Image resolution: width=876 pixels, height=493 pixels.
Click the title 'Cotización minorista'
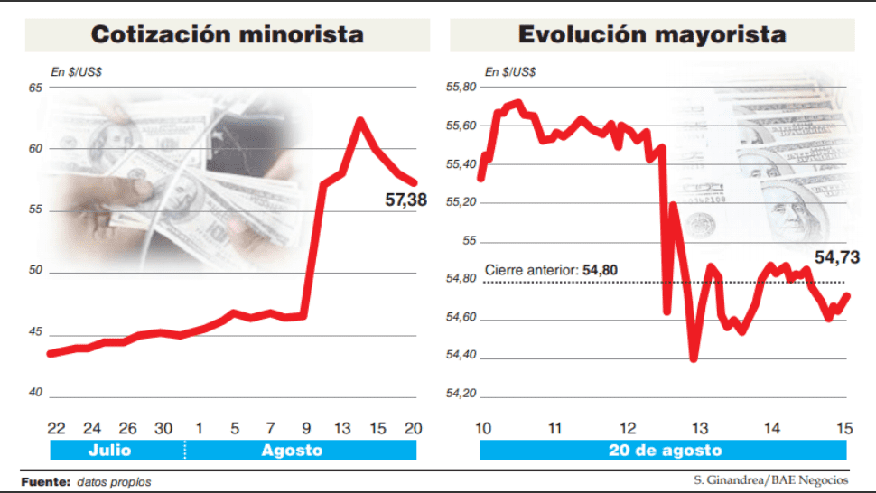point(227,34)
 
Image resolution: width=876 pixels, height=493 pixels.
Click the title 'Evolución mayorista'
point(651,34)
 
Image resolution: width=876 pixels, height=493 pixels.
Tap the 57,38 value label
point(405,200)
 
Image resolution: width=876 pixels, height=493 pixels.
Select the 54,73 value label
point(837,258)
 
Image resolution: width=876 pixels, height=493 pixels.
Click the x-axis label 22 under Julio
point(57,427)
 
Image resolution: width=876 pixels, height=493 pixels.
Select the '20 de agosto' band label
point(665,451)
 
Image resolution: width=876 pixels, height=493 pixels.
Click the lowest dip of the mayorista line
point(694,358)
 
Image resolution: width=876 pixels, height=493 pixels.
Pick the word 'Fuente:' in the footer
point(45,481)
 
